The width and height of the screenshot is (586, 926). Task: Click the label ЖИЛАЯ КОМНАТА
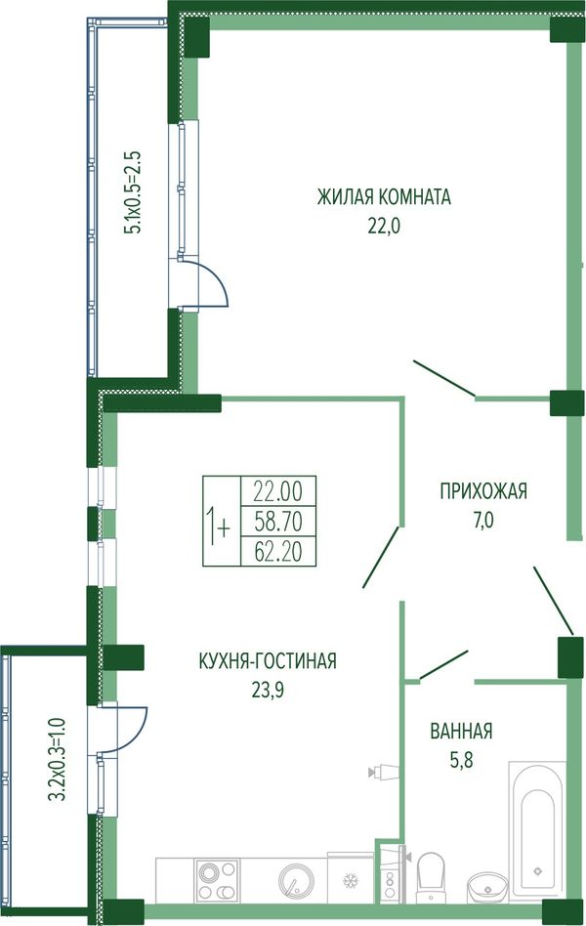click(x=384, y=197)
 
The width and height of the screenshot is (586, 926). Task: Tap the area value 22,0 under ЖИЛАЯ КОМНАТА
click(x=384, y=226)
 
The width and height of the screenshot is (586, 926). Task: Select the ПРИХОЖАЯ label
click(x=483, y=491)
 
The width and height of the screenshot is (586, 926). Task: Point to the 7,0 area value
click(x=482, y=521)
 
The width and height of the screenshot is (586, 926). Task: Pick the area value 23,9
click(x=268, y=690)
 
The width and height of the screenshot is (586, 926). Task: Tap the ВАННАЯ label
click(x=461, y=731)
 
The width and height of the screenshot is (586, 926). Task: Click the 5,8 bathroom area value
click(x=461, y=759)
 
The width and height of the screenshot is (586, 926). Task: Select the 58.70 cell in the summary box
click(x=278, y=521)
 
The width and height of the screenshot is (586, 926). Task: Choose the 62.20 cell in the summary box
click(x=278, y=551)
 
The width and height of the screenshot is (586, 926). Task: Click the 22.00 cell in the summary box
click(x=278, y=490)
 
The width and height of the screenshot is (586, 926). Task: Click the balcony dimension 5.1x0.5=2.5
click(x=132, y=192)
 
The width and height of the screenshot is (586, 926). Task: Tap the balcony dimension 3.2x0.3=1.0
click(x=57, y=759)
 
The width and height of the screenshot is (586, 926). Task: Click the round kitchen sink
click(x=295, y=882)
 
